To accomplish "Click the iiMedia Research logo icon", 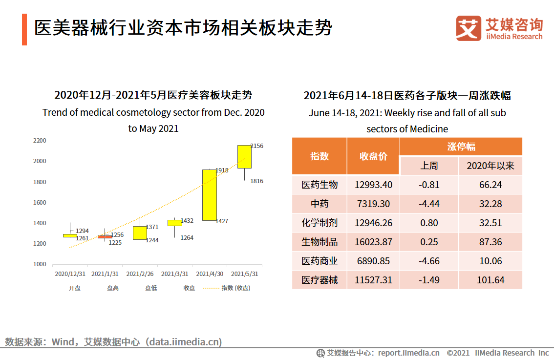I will click(x=469, y=28).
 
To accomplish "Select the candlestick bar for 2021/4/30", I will click(x=210, y=195).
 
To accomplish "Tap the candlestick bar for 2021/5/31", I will click(x=244, y=156).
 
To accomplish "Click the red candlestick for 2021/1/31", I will click(x=105, y=237).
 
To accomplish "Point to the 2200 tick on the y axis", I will click(x=40, y=141).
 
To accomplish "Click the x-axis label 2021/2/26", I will click(x=140, y=274).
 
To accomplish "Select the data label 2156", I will click(x=256, y=146).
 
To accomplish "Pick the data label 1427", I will click(x=222, y=221).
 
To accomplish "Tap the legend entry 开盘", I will click(x=75, y=288).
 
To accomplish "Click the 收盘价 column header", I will click(x=373, y=156).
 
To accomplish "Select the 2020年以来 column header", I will click(x=490, y=166).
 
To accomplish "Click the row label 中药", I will click(x=320, y=204).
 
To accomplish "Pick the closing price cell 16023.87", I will click(x=373, y=242).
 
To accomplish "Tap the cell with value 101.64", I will click(x=490, y=280).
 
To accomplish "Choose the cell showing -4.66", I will click(x=429, y=261).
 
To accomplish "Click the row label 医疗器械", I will click(x=320, y=280).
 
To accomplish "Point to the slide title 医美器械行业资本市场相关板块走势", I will click(x=183, y=28).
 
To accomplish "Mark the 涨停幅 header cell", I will click(x=461, y=147).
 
